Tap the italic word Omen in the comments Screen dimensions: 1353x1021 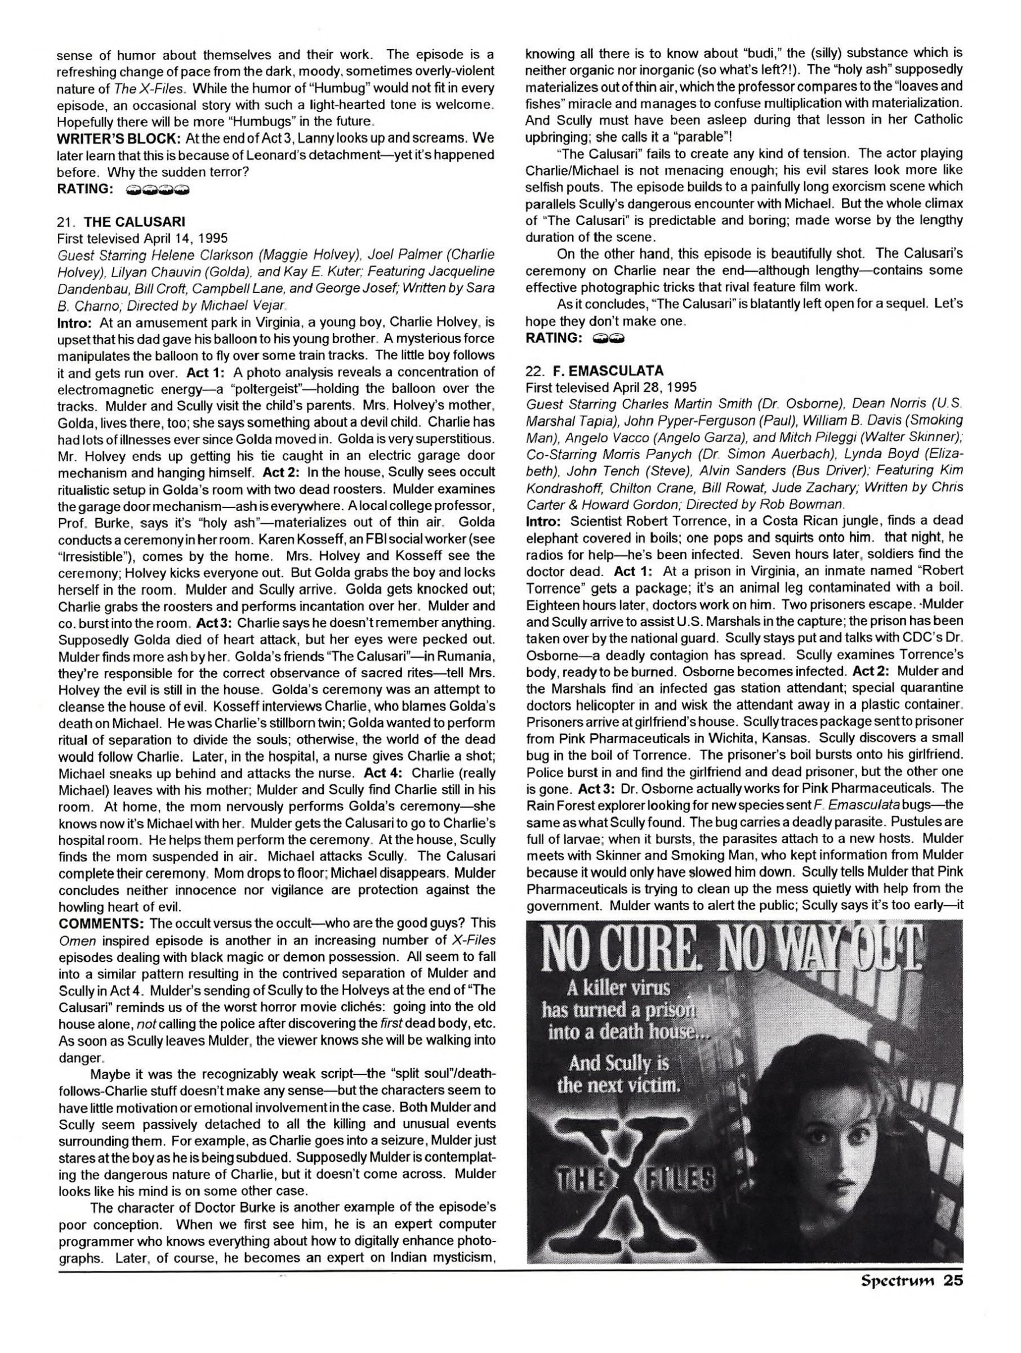coord(73,938)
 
